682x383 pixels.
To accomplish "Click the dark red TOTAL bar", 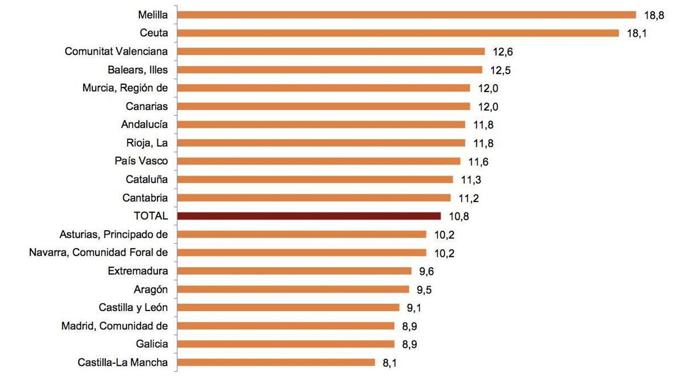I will pyautogui.click(x=309, y=216).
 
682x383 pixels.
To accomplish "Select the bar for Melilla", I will pyautogui.click(x=406, y=15).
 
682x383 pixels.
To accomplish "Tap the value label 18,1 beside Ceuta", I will pyautogui.click(x=636, y=33).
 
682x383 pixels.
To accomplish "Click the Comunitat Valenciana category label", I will pyautogui.click(x=116, y=51).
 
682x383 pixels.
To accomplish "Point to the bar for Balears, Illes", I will pyautogui.click(x=329, y=70).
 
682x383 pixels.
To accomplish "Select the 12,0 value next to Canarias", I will pyautogui.click(x=488, y=107).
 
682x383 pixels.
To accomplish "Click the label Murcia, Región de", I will pyautogui.click(x=125, y=88).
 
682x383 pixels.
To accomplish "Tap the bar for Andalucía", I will pyautogui.click(x=321, y=125).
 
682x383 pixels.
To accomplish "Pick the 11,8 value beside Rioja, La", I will pyautogui.click(x=483, y=143).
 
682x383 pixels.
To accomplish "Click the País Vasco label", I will pyautogui.click(x=141, y=161).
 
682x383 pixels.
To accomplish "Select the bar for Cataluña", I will pyautogui.click(x=315, y=180).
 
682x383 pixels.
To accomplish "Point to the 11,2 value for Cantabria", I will pyautogui.click(x=468, y=198).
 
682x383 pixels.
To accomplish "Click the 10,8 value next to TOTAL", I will pyautogui.click(x=459, y=217).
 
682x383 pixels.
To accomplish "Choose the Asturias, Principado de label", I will pyautogui.click(x=113, y=234).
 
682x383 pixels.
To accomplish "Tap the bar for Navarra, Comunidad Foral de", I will pyautogui.click(x=301, y=253).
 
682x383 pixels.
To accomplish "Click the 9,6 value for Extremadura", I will pyautogui.click(x=426, y=272).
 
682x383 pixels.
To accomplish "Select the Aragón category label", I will pyautogui.click(x=150, y=289).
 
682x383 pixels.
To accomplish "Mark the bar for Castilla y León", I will pyautogui.click(x=288, y=308).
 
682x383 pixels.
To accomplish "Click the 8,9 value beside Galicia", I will pyautogui.click(x=409, y=344).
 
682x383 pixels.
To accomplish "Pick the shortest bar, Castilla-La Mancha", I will pyautogui.click(x=276, y=363).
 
